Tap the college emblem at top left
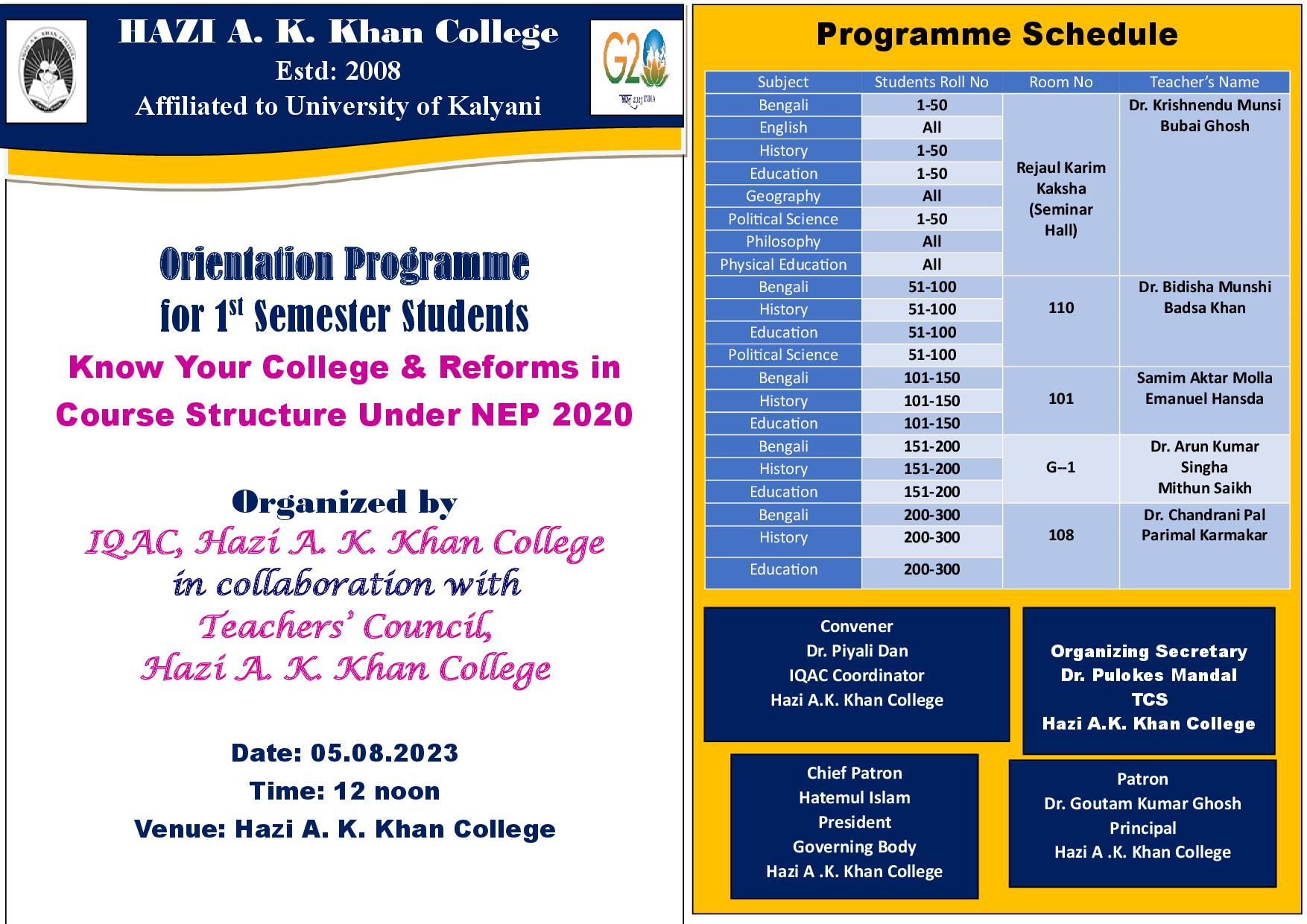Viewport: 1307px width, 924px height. coord(46,72)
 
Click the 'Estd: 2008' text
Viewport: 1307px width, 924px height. coord(338,71)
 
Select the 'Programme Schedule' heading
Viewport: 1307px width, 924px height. coord(997,34)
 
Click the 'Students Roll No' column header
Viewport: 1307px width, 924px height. coord(931,82)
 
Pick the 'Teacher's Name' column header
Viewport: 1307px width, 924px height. coord(1203,82)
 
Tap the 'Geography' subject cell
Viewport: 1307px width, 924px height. coord(782,196)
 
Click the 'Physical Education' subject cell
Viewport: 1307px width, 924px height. coord(782,265)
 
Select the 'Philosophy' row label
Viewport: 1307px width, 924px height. coord(782,241)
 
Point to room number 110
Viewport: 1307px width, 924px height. coord(1060,308)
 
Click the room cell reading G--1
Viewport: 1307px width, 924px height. coord(1060,467)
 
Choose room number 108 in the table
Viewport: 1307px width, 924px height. coord(1060,535)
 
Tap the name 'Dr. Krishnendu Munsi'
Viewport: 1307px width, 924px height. coord(1204,105)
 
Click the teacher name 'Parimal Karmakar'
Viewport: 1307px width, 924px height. coord(1204,535)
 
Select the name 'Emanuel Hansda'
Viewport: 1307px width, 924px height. coord(1204,399)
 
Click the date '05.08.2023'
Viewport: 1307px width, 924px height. coord(384,753)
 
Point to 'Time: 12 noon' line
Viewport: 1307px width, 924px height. coord(344,791)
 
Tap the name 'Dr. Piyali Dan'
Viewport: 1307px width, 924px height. coord(857,651)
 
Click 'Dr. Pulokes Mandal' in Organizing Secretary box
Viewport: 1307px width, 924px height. coord(1148,675)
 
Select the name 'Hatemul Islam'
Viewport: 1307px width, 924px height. coord(854,797)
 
